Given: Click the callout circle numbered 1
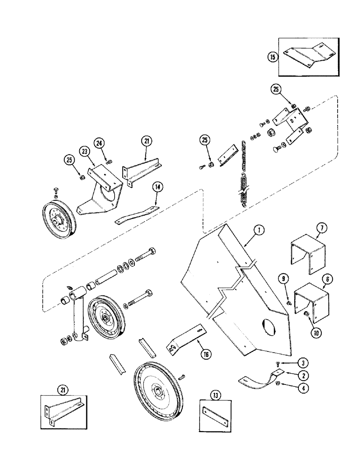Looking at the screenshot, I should (x=260, y=230).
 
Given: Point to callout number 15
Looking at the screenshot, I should (x=272, y=57).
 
